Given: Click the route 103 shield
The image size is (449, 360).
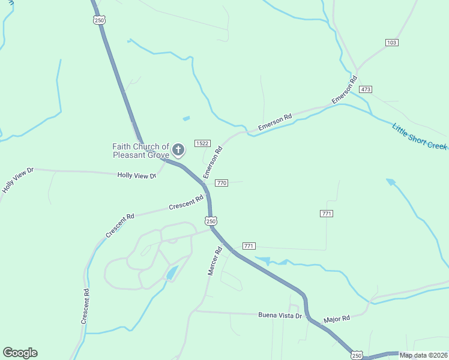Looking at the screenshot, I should tap(392, 42).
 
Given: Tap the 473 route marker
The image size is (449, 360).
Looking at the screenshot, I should tap(366, 89).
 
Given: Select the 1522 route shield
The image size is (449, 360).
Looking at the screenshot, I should tap(202, 143).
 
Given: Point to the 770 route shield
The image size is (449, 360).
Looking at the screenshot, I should tap(221, 182).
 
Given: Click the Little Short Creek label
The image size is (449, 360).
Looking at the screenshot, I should tap(420, 137).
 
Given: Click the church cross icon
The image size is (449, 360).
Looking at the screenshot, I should tap(178, 149).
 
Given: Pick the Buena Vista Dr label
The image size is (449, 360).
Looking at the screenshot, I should tap(280, 314).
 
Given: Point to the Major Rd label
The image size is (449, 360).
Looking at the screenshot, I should tap(336, 320).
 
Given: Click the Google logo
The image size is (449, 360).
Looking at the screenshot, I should tap(20, 353).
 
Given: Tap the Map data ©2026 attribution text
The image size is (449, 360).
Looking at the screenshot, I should tap(423, 355).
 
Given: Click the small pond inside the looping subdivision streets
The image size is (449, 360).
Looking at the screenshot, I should tap(171, 274).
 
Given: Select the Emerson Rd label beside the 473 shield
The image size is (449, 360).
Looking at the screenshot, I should tap(345, 91).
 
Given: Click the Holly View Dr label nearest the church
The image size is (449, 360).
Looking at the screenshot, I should tap(137, 175).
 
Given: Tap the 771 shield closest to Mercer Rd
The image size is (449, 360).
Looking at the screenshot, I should tap(249, 246).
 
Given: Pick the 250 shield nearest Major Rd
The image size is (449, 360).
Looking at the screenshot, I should tap(357, 355).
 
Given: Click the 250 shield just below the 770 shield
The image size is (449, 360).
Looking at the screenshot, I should tap(211, 221).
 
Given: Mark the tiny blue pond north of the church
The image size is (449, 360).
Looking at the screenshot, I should tap(186, 118).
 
